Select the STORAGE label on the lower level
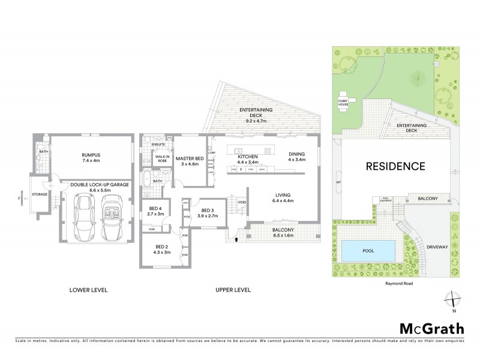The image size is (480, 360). click(40, 194)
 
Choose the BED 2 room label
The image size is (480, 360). click(161, 247)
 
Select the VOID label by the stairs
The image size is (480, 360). click(242, 202)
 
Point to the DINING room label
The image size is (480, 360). click(296, 153)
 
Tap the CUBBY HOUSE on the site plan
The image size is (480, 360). click(343, 103)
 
